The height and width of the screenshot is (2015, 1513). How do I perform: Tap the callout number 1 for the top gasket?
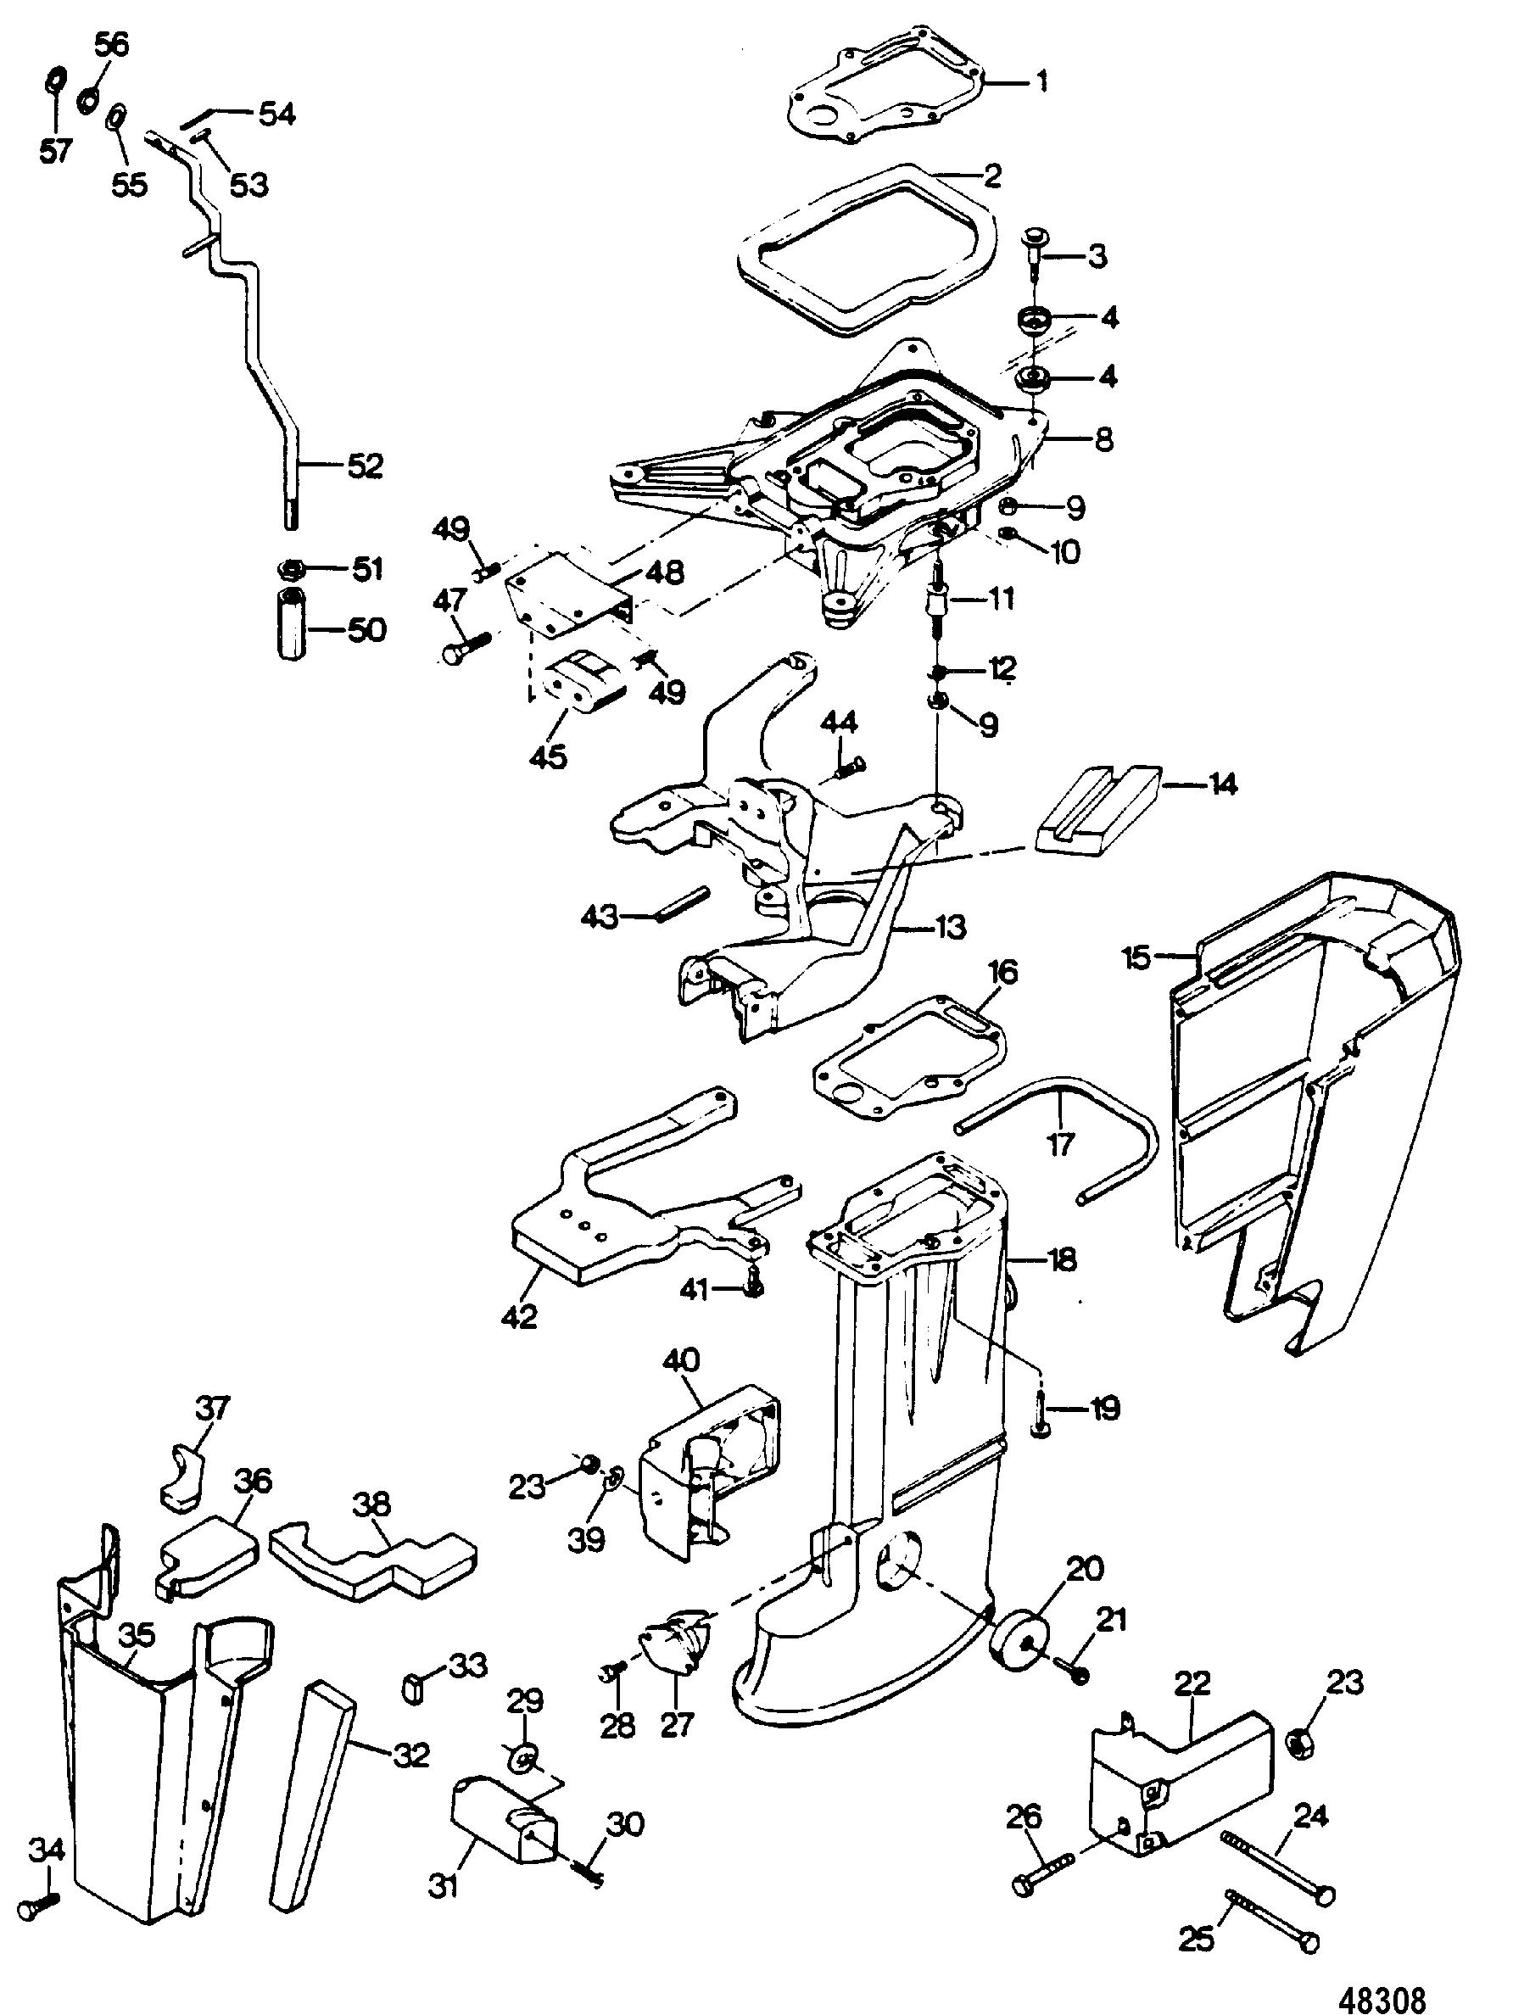[1041, 82]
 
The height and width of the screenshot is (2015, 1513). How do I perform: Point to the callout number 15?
[1137, 958]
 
